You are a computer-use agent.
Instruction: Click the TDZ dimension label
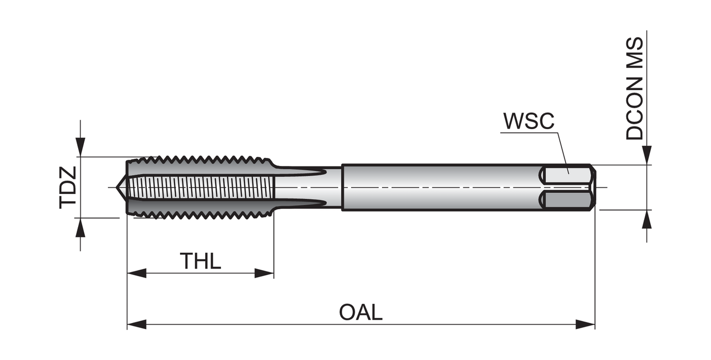pyautogui.click(x=68, y=187)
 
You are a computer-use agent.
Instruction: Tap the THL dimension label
pyautogui.click(x=200, y=261)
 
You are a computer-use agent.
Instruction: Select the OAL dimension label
pyautogui.click(x=360, y=313)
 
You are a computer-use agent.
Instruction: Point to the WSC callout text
pyautogui.click(x=528, y=121)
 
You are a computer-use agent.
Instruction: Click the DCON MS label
pyautogui.click(x=635, y=88)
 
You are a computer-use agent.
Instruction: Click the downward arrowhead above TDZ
pyautogui.click(x=80, y=148)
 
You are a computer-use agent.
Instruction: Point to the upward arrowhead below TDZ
pyautogui.click(x=80, y=227)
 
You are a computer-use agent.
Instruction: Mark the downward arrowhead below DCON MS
pyautogui.click(x=647, y=155)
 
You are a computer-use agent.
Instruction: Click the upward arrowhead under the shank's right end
pyautogui.click(x=647, y=219)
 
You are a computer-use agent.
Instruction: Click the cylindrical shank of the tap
pyautogui.click(x=442, y=187)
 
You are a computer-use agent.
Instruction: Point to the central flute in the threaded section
pyautogui.click(x=200, y=187)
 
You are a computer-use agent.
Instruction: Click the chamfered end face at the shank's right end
pyautogui.click(x=593, y=187)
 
